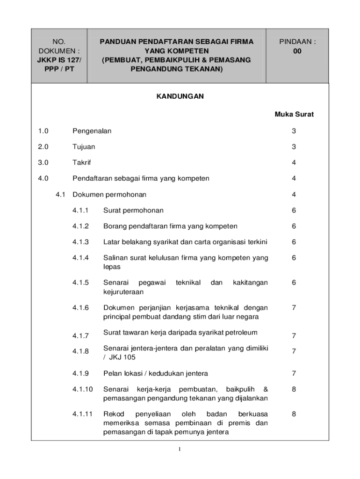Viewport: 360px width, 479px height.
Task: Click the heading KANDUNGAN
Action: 180,96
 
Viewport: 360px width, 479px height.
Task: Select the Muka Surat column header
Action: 294,114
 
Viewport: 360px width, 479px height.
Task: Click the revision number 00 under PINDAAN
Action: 297,51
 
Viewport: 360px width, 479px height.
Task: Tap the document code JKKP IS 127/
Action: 59,60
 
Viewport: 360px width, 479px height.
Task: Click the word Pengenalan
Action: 92,131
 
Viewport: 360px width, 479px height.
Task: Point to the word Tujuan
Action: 84,147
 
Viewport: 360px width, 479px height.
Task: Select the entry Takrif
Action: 82,163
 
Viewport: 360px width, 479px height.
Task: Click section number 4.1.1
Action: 80,210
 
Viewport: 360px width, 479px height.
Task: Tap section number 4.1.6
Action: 80,308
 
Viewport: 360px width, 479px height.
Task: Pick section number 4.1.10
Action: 82,389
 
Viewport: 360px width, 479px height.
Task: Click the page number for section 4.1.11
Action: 294,414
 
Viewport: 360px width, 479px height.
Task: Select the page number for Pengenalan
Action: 294,131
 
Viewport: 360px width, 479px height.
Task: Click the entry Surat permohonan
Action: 133,210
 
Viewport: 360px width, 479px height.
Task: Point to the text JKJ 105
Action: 121,358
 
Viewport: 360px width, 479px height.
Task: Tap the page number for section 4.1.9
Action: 294,373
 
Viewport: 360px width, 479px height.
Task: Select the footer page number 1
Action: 180,450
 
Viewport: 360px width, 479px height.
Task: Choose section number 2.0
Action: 43,147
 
